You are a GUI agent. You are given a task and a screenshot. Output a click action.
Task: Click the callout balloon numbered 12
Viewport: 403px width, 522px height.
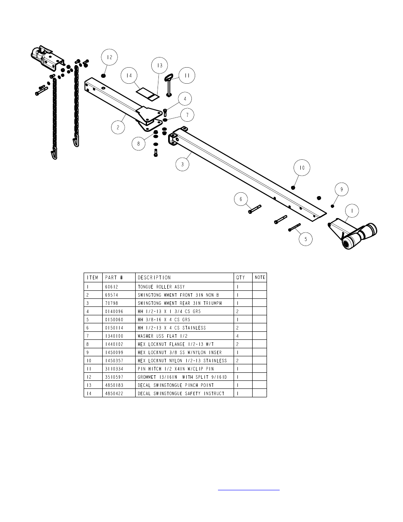click(x=109, y=57)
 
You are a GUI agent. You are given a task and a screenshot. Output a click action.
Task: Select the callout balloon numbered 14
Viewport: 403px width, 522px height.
click(x=129, y=76)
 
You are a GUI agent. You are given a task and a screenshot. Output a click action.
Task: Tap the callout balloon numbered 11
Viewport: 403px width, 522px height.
click(x=186, y=76)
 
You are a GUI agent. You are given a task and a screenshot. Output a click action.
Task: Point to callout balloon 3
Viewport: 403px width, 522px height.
click(x=182, y=164)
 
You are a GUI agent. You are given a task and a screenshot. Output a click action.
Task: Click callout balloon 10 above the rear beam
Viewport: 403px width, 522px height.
click(x=302, y=168)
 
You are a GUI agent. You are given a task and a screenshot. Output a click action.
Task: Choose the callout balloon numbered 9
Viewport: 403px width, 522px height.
click(x=341, y=190)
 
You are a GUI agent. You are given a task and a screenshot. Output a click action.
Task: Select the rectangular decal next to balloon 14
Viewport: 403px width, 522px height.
click(x=147, y=94)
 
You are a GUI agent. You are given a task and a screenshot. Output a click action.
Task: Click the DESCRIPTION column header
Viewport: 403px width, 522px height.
click(x=154, y=278)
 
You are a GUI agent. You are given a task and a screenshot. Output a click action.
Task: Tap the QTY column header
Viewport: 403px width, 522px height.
click(x=240, y=278)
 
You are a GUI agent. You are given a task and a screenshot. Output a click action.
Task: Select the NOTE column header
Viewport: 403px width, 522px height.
click(x=260, y=278)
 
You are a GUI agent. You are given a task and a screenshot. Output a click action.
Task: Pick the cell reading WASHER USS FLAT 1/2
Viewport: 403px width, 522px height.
click(x=163, y=336)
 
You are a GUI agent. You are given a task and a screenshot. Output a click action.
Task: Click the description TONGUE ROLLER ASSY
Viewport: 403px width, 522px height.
click(x=161, y=287)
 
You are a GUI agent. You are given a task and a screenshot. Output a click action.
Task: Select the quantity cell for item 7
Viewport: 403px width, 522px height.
click(x=237, y=336)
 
